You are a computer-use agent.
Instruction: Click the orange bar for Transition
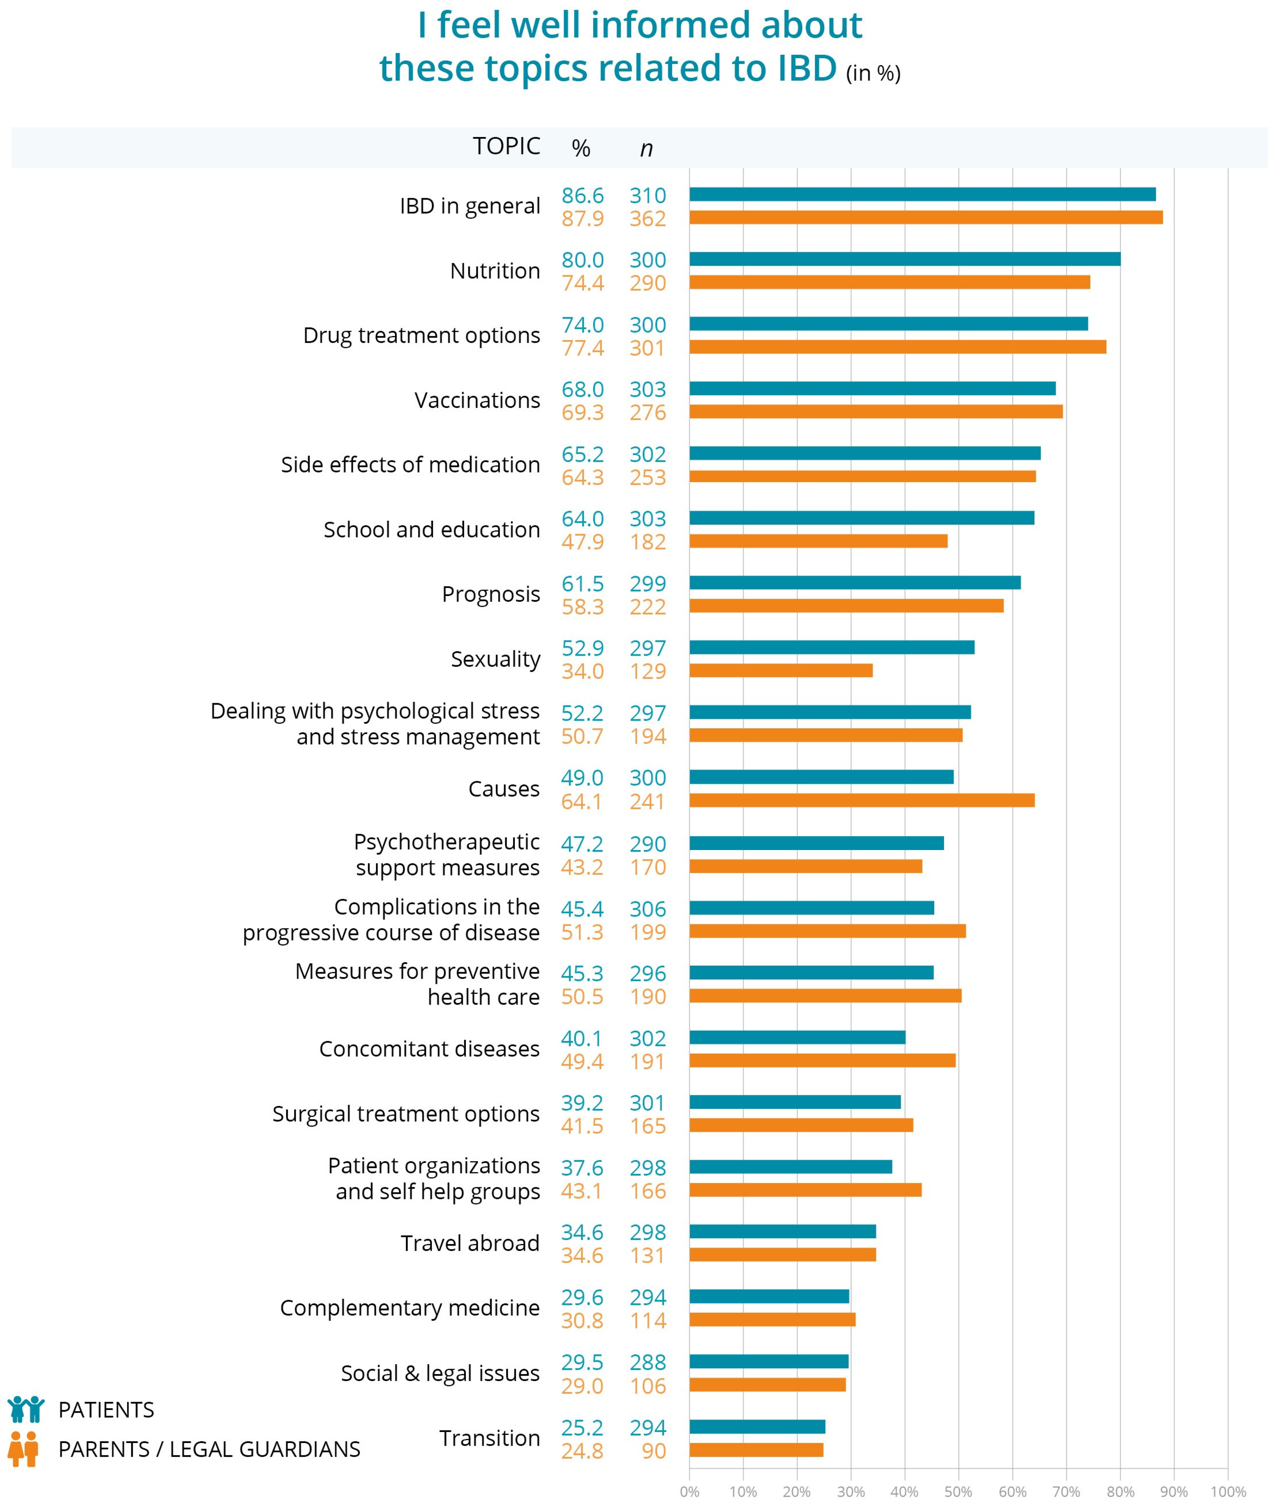tap(756, 1450)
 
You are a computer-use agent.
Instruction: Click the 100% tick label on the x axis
tap(1227, 1491)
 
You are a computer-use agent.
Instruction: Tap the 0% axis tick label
tap(689, 1491)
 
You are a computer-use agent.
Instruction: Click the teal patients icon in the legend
tap(26, 1409)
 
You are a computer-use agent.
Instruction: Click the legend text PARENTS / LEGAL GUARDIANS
tap(209, 1449)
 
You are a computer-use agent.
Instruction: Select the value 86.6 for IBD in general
tap(582, 195)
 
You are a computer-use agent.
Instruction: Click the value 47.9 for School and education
tap(582, 542)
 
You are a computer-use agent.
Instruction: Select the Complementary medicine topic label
tap(409, 1307)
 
